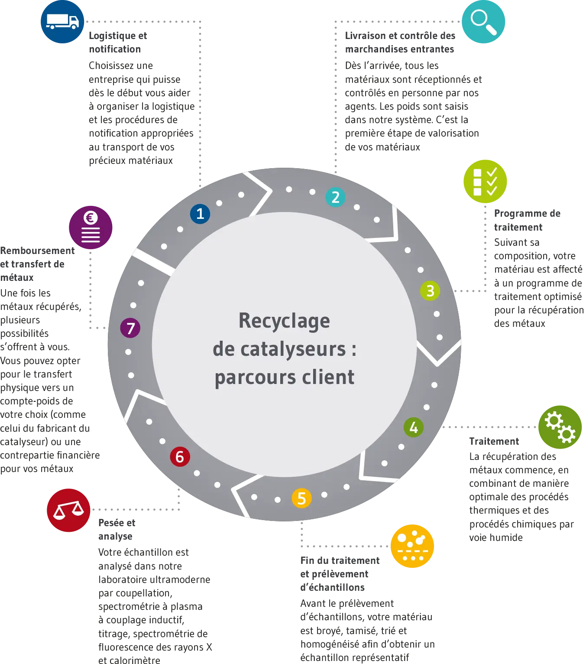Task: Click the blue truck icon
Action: coord(62,22)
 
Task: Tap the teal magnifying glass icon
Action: coord(483,22)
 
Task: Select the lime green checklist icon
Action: coord(485,181)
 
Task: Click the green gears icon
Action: coord(560,427)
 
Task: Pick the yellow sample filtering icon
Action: coord(412,546)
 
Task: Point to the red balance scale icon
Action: coord(68,510)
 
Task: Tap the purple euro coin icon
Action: coord(91,228)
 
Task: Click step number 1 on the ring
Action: coord(200,214)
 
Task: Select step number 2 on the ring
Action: coord(335,197)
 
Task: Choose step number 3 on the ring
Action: coord(430,291)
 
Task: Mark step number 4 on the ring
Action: coord(413,427)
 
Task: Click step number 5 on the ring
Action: coord(301,498)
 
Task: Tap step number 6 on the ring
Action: coord(180,456)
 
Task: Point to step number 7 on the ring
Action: coord(130,328)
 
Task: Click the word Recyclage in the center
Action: coord(284,321)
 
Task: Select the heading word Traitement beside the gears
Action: coord(494,441)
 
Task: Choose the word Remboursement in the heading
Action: coord(37,251)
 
